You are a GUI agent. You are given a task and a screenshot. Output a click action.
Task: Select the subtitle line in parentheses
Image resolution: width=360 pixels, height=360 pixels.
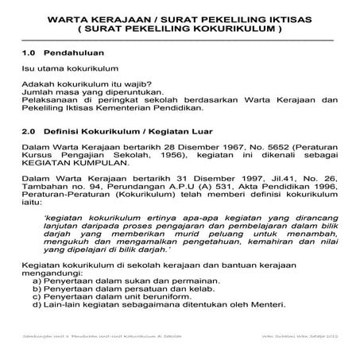tap(180, 29)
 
